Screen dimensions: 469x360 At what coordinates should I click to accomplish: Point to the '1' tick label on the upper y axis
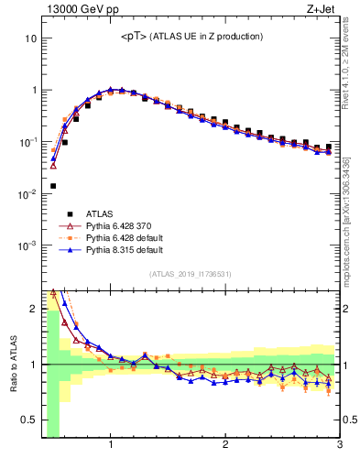pos(33,91)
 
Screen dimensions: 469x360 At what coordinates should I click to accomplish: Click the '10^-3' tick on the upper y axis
pos(27,245)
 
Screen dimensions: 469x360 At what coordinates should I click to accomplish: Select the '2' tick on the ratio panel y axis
pos(33,309)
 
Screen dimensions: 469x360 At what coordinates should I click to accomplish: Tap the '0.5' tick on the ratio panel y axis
pos(28,420)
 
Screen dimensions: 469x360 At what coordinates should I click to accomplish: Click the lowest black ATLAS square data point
pos(53,186)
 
